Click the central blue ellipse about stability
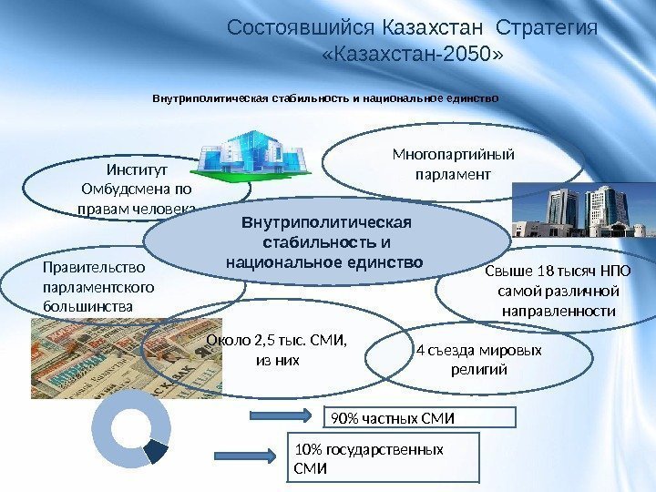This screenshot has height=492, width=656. [x=324, y=241]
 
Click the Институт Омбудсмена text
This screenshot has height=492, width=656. [x=137, y=190]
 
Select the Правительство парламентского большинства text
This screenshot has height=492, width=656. [x=98, y=287]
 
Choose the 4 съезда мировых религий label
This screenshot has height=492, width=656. [x=478, y=361]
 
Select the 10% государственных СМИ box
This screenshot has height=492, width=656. [x=372, y=458]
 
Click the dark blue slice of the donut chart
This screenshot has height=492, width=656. [x=157, y=450]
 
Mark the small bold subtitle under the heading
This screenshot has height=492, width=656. [x=325, y=96]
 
